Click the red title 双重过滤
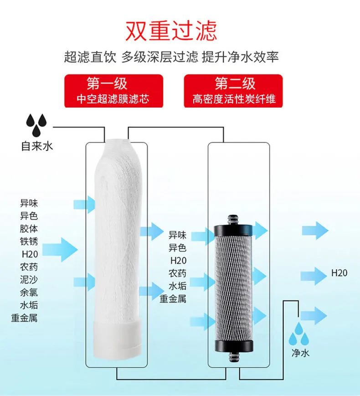tap(171, 31)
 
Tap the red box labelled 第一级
tap(113, 91)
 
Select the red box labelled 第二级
tap(233, 91)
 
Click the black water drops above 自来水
tap(36, 125)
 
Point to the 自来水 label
tap(37, 146)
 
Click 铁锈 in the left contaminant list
tap(29, 241)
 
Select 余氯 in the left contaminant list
tap(29, 292)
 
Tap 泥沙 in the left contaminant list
tap(29, 280)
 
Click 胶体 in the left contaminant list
tap(29, 229)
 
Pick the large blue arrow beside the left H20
tap(60, 250)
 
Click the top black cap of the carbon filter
tap(233, 227)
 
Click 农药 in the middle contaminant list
tap(177, 273)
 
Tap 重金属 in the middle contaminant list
tap(173, 298)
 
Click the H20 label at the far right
tap(339, 273)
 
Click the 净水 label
tap(300, 353)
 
